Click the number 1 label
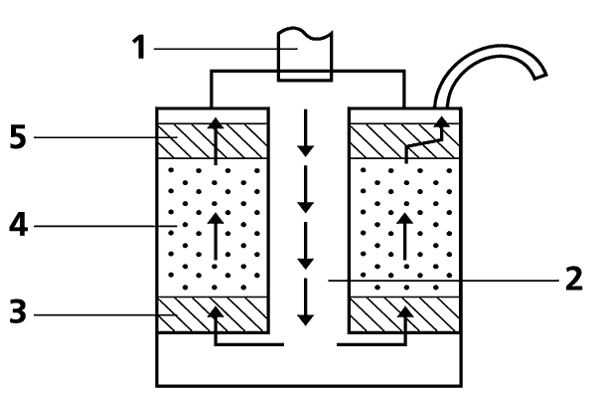[x=140, y=46]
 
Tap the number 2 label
[x=573, y=280]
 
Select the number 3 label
[x=16, y=314]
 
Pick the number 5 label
[x=16, y=135]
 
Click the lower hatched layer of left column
[x=238, y=315]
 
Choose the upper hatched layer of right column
[x=377, y=139]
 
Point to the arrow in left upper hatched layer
[x=215, y=138]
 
